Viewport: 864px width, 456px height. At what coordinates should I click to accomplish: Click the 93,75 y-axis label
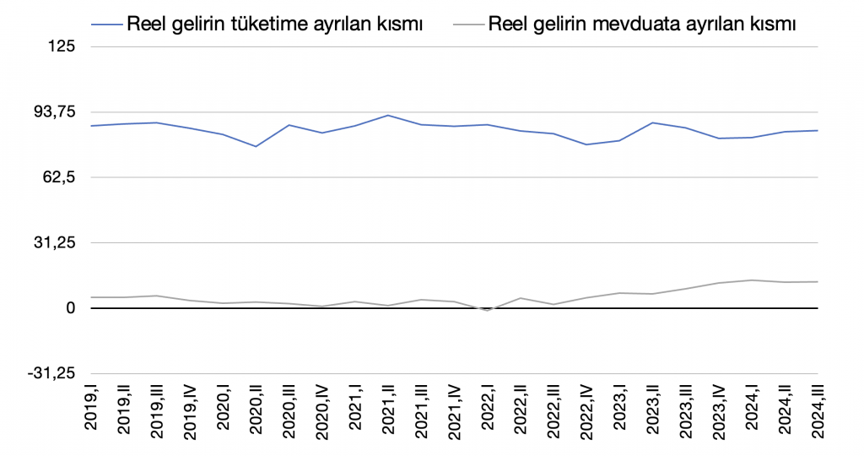53,112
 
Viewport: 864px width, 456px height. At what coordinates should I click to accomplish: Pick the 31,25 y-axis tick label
53,243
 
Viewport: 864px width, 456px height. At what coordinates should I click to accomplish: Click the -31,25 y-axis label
51,374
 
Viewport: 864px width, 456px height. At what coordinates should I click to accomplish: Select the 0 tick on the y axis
71,308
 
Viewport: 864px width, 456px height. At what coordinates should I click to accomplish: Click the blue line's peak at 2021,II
387,115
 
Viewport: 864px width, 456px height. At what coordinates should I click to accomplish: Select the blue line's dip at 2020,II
256,147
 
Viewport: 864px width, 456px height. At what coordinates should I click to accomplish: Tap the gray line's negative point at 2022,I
486,311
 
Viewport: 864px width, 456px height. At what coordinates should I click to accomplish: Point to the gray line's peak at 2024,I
750,280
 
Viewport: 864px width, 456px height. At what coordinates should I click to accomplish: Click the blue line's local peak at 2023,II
651,122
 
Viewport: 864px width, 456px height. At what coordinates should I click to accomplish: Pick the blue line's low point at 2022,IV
586,144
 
